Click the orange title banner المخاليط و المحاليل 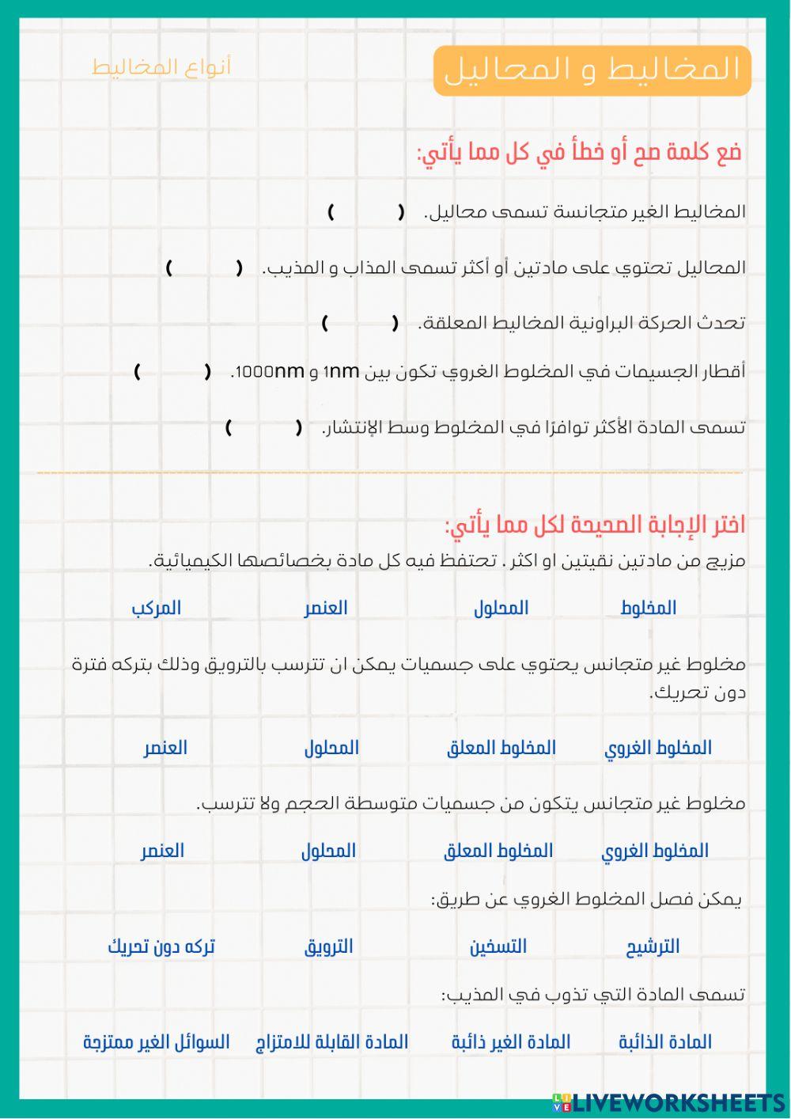(592, 70)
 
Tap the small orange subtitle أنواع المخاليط (161, 67)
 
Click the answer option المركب (156, 608)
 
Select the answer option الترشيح (653, 946)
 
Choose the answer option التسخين (498, 946)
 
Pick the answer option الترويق (328, 946)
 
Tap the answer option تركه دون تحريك (161, 946)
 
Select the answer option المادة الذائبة (664, 1042)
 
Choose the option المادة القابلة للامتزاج (331, 1042)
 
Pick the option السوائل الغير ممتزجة (156, 1042)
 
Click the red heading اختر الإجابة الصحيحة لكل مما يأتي (595, 525)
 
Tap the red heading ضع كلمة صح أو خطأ (580, 152)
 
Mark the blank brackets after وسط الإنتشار (263, 428)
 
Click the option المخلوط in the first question (648, 608)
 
